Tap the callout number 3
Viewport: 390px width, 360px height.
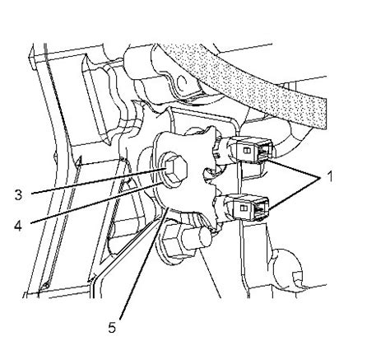(18, 195)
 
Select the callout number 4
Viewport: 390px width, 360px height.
(18, 226)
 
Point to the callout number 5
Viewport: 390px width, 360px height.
(112, 327)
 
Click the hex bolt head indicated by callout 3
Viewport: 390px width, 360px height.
(176, 171)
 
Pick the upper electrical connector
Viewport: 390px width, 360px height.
(250, 150)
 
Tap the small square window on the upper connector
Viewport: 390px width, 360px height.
(246, 151)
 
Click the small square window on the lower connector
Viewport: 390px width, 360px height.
(244, 208)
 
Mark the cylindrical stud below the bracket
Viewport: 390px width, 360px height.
(196, 236)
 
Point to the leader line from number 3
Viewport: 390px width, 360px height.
(98, 181)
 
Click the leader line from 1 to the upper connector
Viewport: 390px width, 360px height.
(294, 168)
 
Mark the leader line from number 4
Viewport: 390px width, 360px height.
(96, 202)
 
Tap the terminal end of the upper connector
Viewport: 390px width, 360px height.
(266, 152)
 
